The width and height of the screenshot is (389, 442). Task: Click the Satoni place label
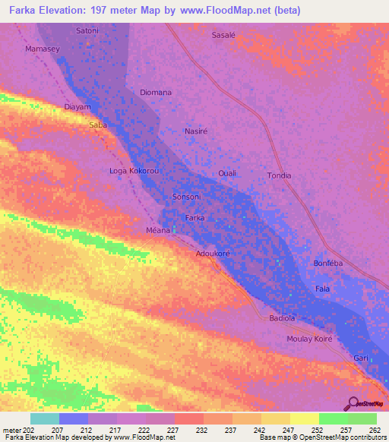[x=87, y=30]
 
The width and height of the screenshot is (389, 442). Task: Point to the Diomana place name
[x=156, y=93]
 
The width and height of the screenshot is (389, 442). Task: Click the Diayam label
[x=77, y=107]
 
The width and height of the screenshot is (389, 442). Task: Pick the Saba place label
[x=97, y=125]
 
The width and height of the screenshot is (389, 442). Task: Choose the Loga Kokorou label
[x=134, y=172]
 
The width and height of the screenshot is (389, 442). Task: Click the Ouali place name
[x=227, y=173]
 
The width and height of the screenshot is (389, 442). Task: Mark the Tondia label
[x=279, y=175]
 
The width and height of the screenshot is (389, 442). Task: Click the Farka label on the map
[x=195, y=218]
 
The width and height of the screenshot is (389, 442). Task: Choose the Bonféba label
[x=329, y=264]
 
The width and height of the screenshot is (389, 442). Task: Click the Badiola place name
[x=282, y=318]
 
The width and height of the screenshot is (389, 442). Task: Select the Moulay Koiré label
[x=309, y=339]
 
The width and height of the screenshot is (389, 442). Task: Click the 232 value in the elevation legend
[x=188, y=430]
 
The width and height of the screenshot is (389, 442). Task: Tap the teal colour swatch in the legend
[x=45, y=418]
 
